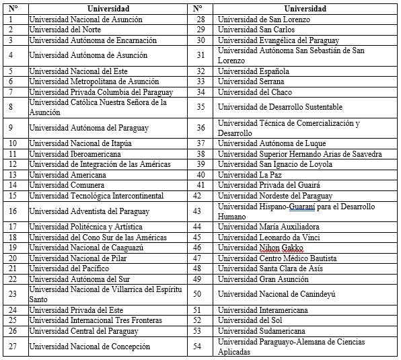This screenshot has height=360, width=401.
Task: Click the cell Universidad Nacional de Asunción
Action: [x=85, y=20]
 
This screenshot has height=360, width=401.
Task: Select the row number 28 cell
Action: [x=200, y=20]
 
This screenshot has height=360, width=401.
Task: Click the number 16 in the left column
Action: [x=11, y=211]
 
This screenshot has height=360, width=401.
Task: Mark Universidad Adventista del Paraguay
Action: [x=89, y=211]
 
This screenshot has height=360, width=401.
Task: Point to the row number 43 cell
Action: [x=197, y=211]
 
